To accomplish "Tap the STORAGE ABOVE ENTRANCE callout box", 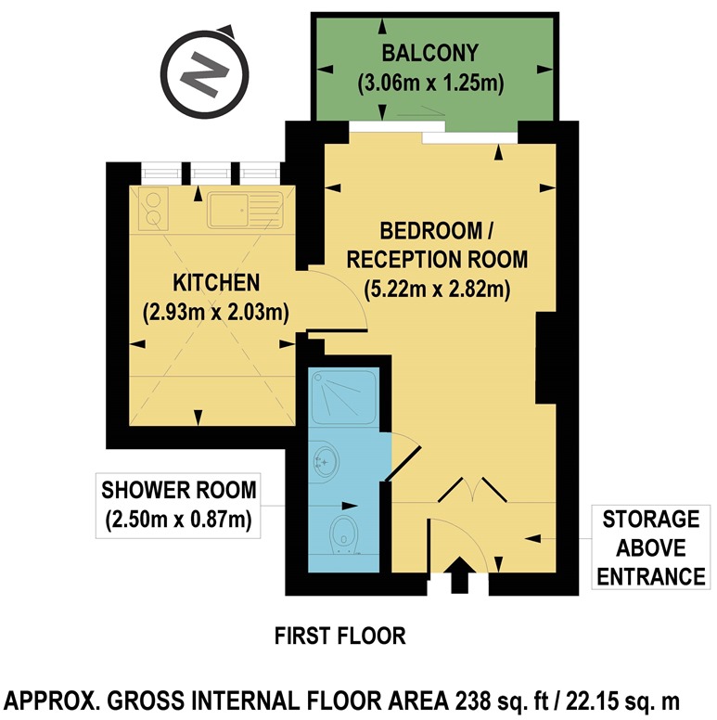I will [649, 547].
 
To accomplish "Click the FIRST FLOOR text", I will [340, 636].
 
